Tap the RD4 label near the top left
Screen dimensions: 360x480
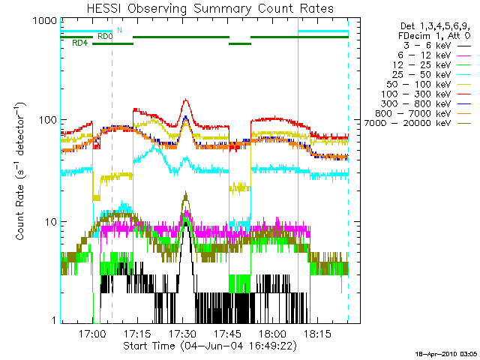click(x=79, y=43)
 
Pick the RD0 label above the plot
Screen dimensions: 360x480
click(x=105, y=35)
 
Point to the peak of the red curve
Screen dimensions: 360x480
click(x=184, y=100)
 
